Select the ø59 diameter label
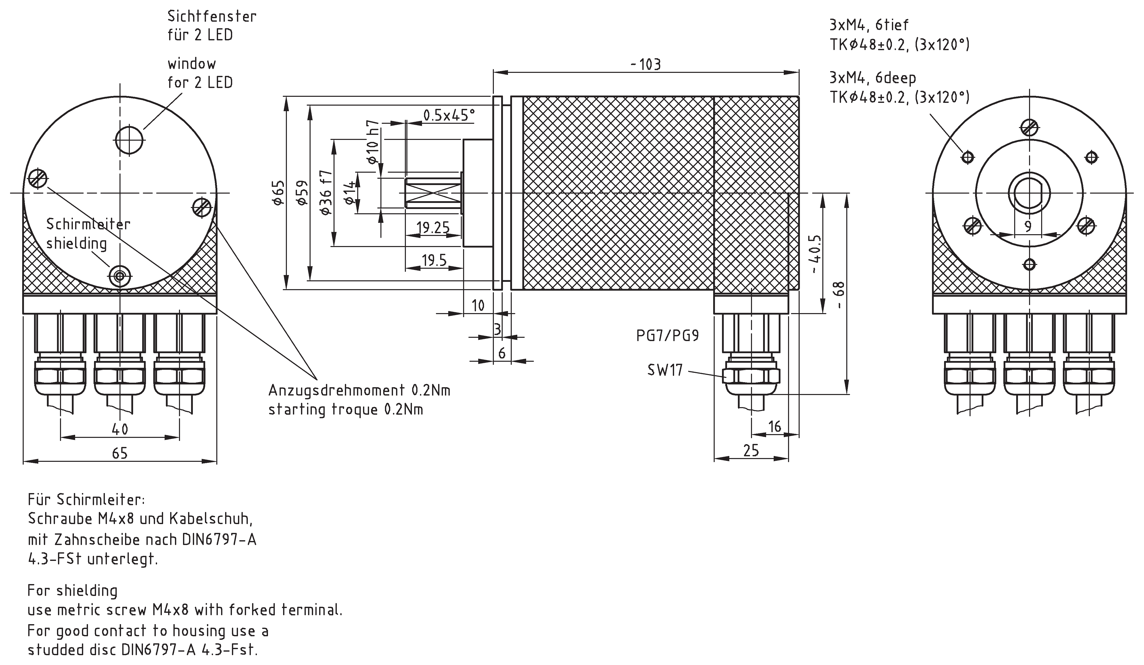[x=302, y=193]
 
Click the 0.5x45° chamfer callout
[x=448, y=115]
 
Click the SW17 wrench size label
[x=665, y=370]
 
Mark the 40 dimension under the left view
[x=120, y=429]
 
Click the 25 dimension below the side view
[x=751, y=450]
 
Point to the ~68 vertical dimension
[x=839, y=295]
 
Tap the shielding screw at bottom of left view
[x=120, y=275]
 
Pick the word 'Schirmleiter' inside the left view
[x=88, y=224]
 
